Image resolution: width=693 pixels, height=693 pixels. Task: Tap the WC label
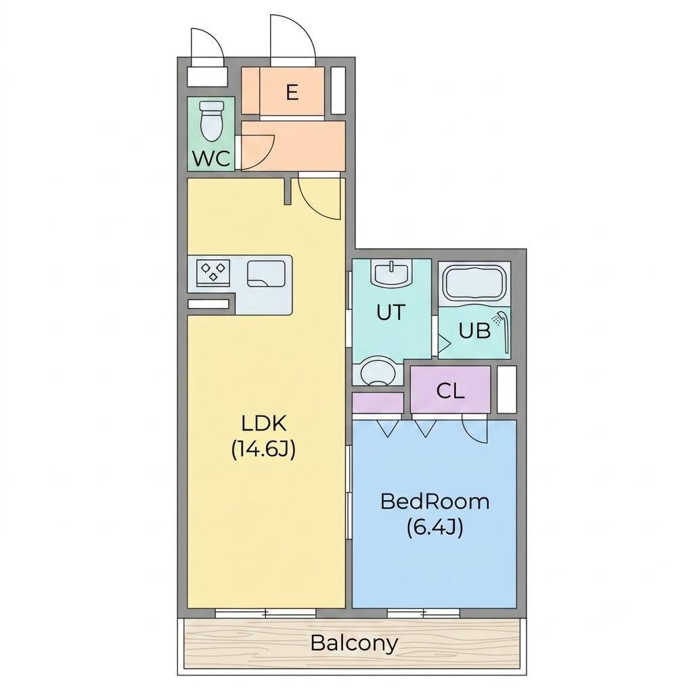[x=212, y=158]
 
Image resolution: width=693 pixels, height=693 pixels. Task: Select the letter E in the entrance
[x=292, y=92]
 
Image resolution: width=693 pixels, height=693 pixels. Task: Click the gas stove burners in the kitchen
[x=214, y=271]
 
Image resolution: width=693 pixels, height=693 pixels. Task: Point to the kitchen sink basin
[x=265, y=273]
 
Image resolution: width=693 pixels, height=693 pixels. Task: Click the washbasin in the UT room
[x=391, y=273]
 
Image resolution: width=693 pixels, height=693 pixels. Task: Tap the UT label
[x=390, y=312]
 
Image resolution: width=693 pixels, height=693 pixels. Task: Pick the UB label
[x=474, y=330]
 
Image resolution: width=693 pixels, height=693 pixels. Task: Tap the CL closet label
[x=450, y=390]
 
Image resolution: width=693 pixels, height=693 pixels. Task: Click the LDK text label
[x=265, y=424]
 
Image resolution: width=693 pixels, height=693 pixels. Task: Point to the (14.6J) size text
[x=263, y=450]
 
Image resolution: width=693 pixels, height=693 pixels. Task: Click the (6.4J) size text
[x=435, y=527]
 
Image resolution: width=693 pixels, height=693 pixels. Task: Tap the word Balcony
[x=354, y=643]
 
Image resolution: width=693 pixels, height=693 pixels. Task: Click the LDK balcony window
[x=265, y=613]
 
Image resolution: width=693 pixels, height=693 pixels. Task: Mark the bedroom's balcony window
[x=424, y=613]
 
